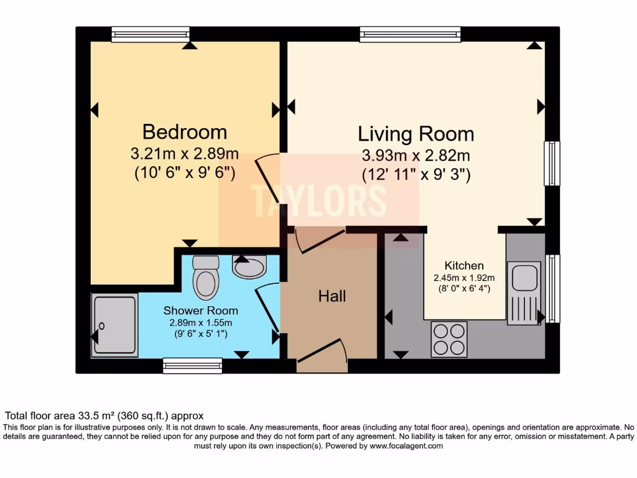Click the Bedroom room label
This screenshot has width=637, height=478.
[x=184, y=132]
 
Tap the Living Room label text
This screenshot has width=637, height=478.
[x=416, y=134]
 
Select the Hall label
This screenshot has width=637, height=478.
[x=332, y=296]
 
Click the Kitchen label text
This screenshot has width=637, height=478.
[x=464, y=266]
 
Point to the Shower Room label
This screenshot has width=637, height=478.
[x=200, y=310]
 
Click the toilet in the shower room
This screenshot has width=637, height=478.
[x=206, y=278]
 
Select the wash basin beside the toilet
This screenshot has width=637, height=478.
[x=249, y=266]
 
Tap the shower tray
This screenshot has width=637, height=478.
[x=114, y=326]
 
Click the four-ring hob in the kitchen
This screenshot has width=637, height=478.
[x=449, y=339]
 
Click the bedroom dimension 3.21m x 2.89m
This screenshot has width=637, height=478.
[x=185, y=153]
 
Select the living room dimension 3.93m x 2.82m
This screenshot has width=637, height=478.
[x=416, y=156]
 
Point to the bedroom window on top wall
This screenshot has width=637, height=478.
[x=151, y=34]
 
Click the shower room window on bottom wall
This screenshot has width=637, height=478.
[x=192, y=365]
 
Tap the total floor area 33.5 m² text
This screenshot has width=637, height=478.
[x=105, y=415]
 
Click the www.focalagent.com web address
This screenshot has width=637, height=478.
[x=406, y=446]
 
